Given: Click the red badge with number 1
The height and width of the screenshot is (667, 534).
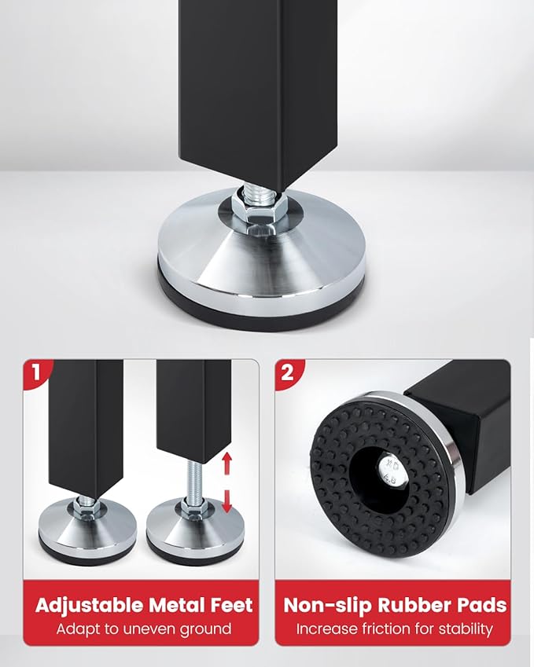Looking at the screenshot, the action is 35,372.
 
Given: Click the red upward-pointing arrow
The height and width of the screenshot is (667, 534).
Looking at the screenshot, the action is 227,463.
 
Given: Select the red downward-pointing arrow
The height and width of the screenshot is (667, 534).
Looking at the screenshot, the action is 227,501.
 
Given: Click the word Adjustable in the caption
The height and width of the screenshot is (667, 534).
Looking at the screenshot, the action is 90,606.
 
